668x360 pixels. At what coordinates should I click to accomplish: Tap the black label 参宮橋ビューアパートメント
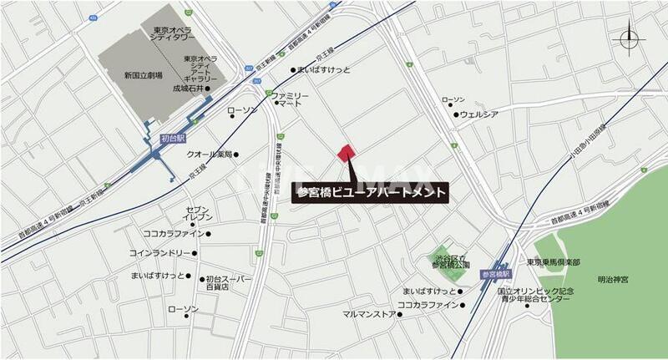click(373, 191)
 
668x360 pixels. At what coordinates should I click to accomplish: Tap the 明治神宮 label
click(615, 279)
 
